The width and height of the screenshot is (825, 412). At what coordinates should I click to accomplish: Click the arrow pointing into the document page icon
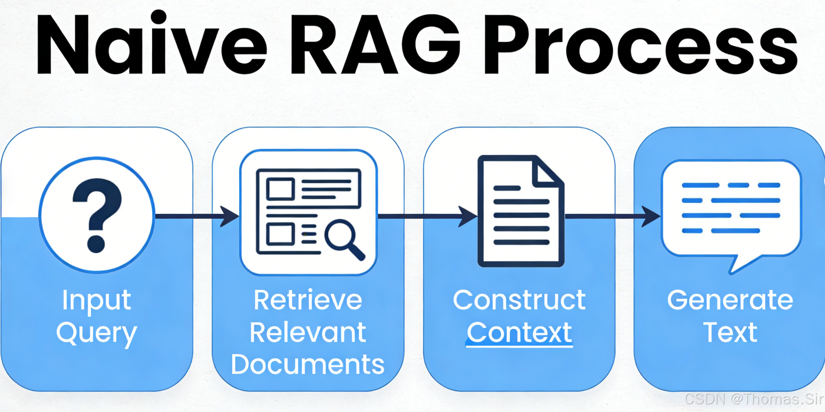[x=427, y=216]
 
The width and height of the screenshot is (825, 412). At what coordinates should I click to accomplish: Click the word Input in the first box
[x=96, y=300]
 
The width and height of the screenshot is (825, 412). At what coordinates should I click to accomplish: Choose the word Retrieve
[x=308, y=300]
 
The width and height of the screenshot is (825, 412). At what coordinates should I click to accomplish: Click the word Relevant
[x=308, y=332]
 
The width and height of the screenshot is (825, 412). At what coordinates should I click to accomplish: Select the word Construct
[x=519, y=300]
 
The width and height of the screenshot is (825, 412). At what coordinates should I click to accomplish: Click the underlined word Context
[x=519, y=333]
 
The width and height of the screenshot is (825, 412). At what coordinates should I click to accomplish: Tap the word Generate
[x=730, y=301]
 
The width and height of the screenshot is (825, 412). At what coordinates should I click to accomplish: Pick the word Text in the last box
[x=730, y=333]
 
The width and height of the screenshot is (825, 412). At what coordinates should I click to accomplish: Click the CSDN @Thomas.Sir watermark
[x=753, y=399]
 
